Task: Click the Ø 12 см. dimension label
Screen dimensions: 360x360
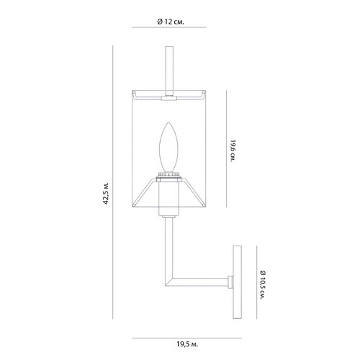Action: point(171,22)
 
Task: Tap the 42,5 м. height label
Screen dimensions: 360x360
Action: point(106,193)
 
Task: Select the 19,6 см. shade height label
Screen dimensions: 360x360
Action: point(232,151)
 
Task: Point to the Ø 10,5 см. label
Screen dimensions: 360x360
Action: point(264,285)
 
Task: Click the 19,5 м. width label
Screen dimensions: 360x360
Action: point(187,344)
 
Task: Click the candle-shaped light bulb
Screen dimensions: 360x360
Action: point(169,148)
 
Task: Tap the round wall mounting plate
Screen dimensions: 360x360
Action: point(237,282)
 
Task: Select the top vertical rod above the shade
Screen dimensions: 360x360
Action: point(169,71)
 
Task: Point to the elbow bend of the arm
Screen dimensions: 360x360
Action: point(169,282)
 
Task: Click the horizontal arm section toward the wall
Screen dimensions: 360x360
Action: point(200,282)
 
